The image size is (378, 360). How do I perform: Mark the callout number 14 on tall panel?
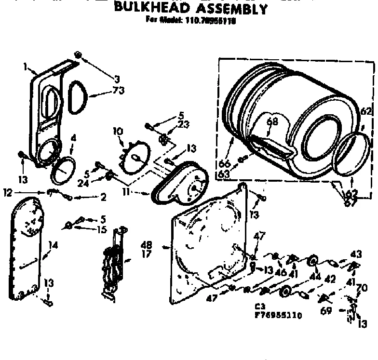53,245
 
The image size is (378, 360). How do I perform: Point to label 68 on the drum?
273,122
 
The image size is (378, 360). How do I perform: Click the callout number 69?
326,311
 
